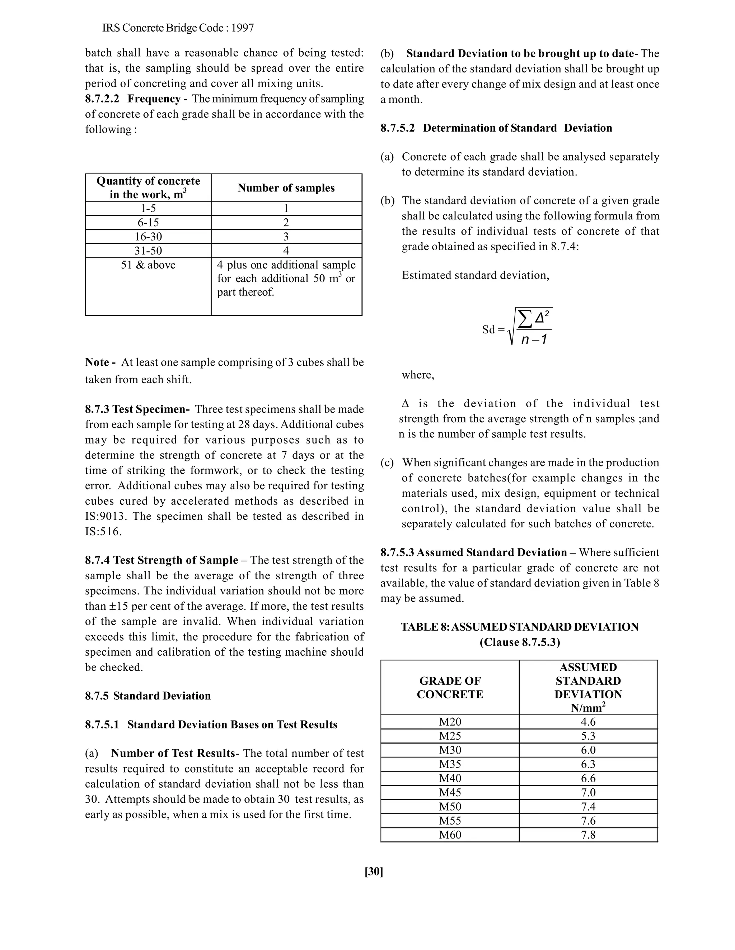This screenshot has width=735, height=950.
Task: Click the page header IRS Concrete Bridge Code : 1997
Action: tap(178, 28)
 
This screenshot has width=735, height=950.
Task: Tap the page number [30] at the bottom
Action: tap(374, 871)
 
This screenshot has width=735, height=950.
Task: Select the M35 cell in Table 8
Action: tap(450, 764)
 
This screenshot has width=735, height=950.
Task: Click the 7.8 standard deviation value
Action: tap(588, 835)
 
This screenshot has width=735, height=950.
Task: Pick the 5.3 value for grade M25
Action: tap(588, 736)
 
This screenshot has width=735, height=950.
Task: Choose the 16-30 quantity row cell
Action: tap(148, 237)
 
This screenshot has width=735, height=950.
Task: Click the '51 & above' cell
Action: tap(148, 265)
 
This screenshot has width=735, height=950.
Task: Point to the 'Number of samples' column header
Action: tap(286, 188)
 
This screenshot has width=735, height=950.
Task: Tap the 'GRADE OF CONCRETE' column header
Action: tap(450, 687)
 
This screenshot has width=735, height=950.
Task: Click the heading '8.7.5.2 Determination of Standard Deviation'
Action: tap(496, 128)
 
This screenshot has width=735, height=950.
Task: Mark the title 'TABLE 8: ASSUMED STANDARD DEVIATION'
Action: tap(519, 627)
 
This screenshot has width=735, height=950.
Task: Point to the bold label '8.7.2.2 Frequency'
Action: tap(133, 99)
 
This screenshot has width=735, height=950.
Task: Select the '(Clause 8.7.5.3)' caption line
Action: tap(519, 642)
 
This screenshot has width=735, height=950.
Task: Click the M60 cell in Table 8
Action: tap(450, 835)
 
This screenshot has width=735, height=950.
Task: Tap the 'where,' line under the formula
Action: tap(418, 375)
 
